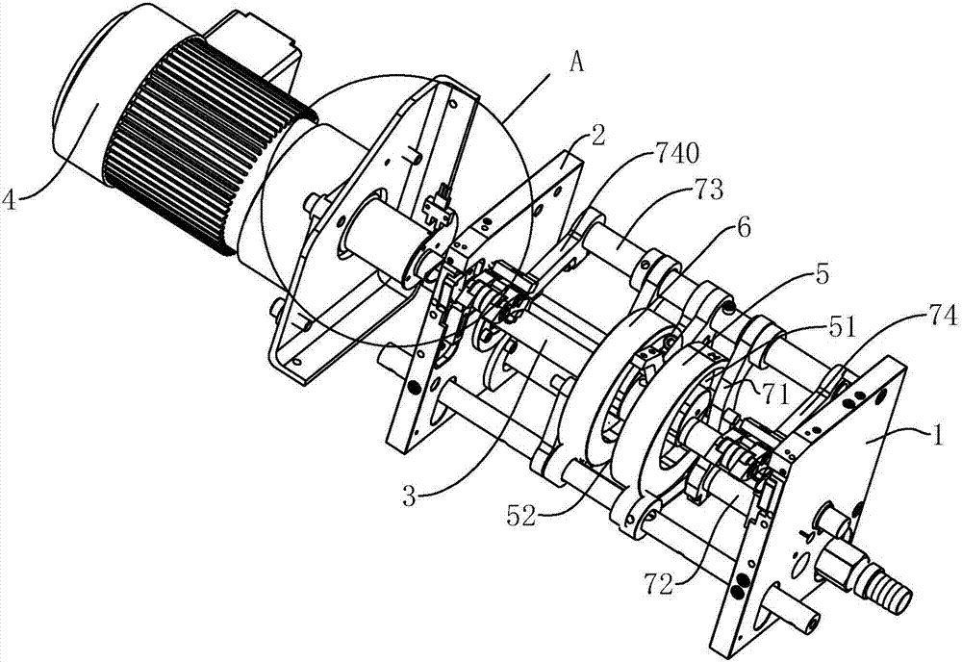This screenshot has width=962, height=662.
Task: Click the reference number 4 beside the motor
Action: tap(11, 200)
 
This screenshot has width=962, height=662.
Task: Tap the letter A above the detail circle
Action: tap(576, 62)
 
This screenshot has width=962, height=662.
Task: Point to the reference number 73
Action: tap(706, 191)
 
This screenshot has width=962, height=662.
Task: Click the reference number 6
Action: tap(744, 228)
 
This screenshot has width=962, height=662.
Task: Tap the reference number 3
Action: tap(409, 496)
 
